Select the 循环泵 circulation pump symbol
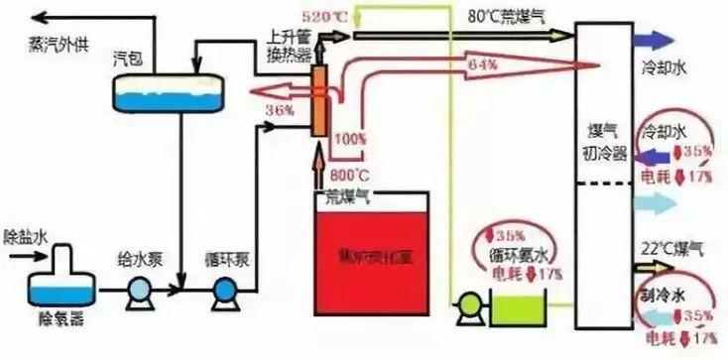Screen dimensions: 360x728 (225, 293)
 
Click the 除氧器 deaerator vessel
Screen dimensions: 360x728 (61, 288)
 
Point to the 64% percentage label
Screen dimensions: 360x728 (482, 65)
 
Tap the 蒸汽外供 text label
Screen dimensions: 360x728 (59, 43)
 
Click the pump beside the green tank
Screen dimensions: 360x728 (466, 309)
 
